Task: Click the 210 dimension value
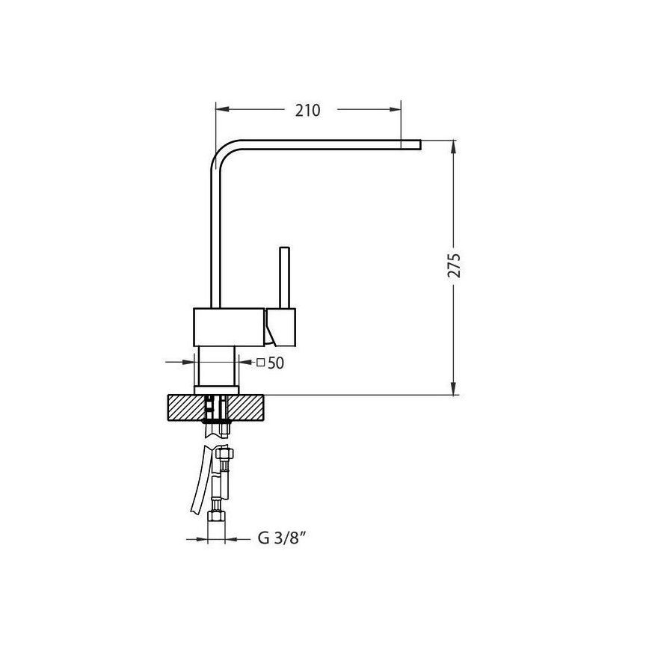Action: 307,111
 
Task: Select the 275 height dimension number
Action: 454,266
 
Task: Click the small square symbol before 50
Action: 261,363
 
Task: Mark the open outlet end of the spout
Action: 419,144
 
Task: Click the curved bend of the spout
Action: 221,154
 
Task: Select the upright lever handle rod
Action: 284,277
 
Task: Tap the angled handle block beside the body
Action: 282,327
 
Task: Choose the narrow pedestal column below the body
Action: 217,366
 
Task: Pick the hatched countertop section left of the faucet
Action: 185,408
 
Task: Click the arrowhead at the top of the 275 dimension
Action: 454,146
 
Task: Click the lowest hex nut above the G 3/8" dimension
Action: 218,518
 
